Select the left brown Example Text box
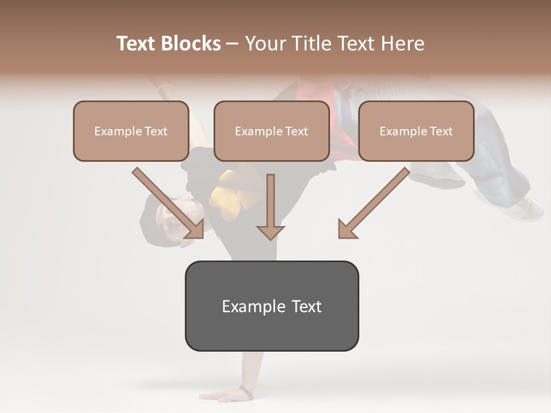[131, 131]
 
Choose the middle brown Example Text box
[271, 131]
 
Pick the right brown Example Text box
[416, 131]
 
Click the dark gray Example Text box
[271, 306]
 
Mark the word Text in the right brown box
[441, 131]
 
